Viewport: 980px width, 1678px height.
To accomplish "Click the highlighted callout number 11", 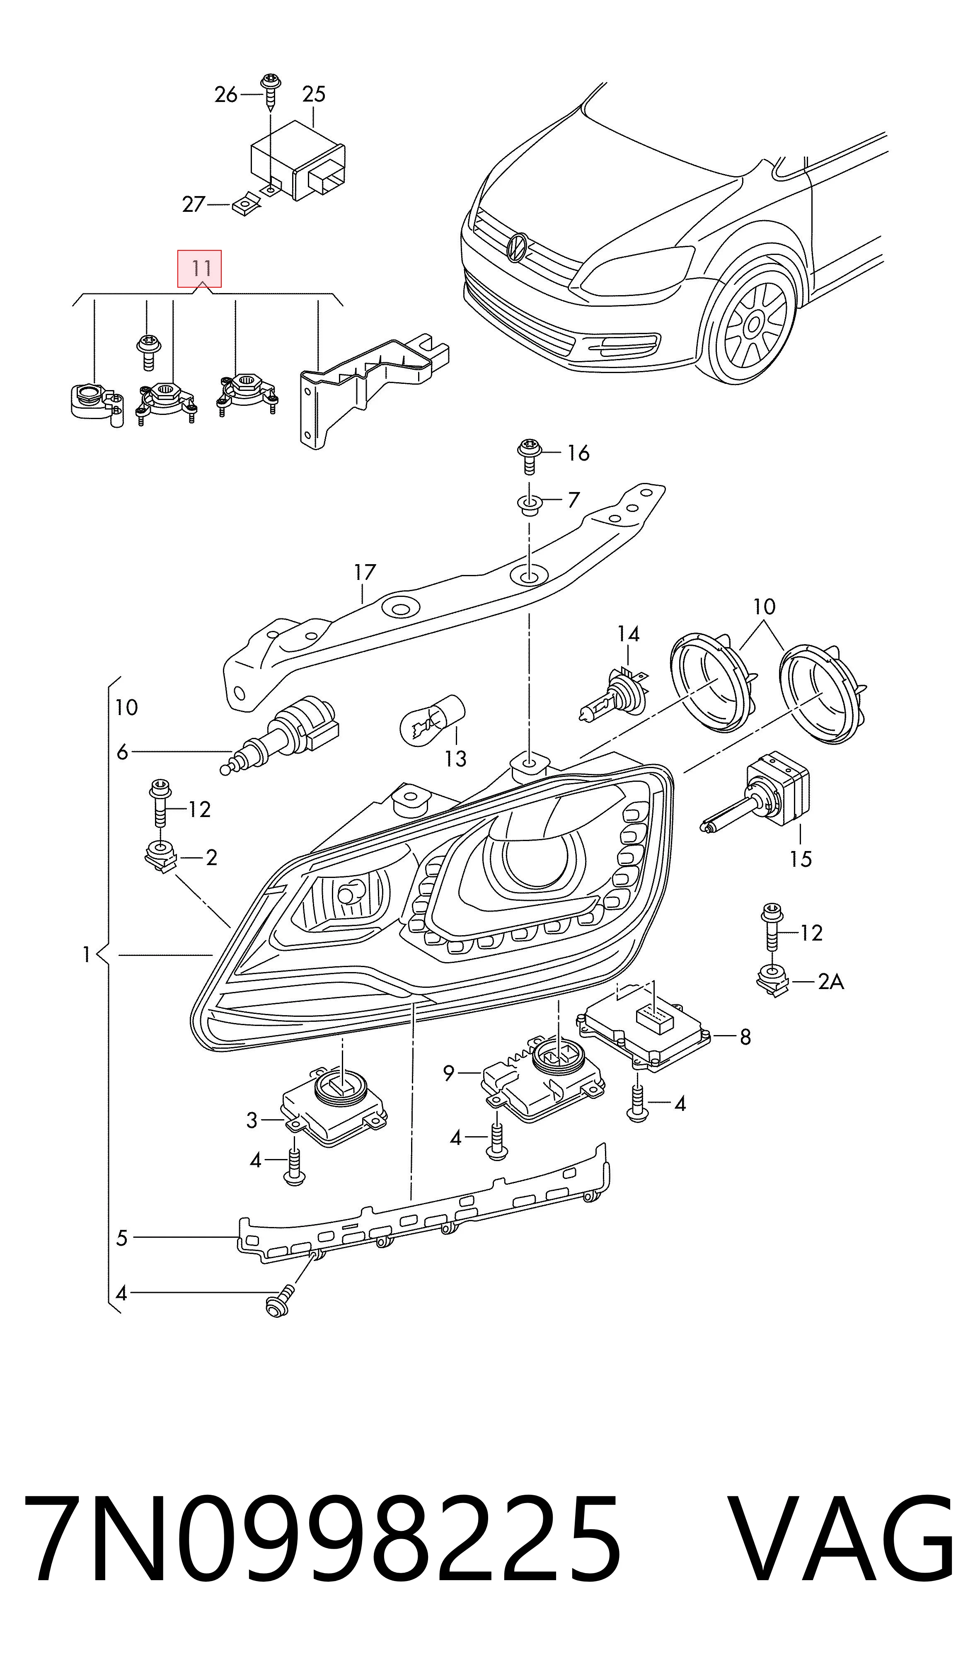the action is pos(199,269).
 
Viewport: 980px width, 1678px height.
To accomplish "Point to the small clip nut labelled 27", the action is pos(246,204).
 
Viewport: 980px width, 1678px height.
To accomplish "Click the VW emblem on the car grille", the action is pos(517,248).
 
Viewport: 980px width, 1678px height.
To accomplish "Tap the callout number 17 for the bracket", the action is pos(365,572).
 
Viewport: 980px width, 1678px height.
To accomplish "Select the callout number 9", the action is pos(449,1073).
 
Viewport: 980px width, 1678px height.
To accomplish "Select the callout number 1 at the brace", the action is pos(86,955).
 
